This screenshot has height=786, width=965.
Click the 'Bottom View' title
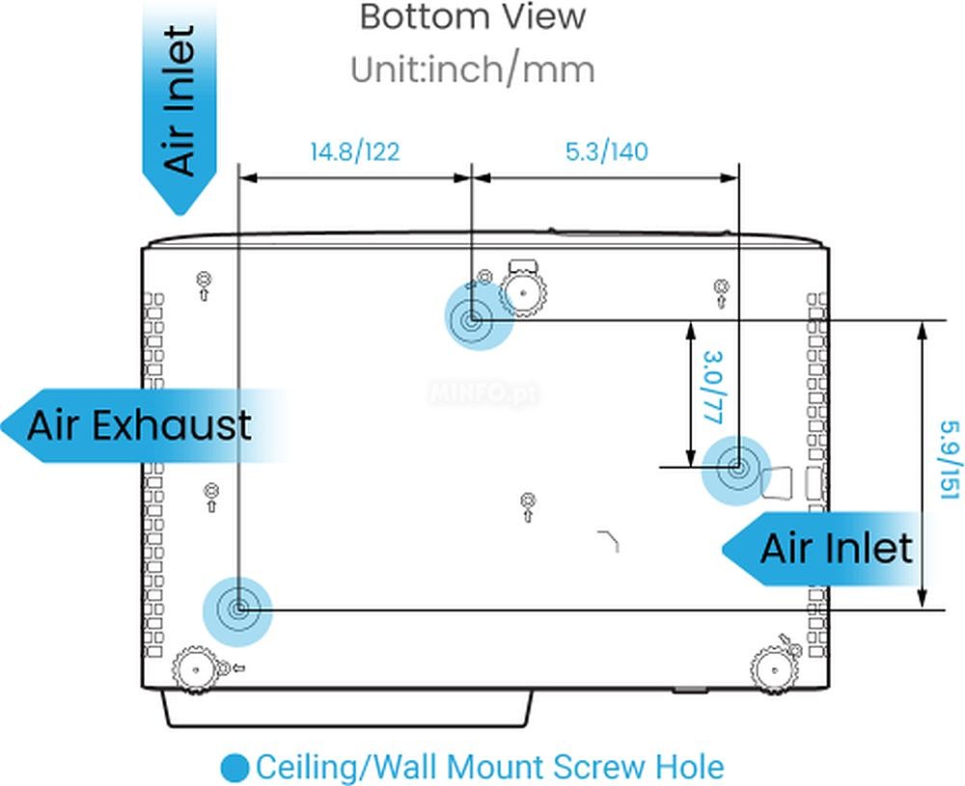472,17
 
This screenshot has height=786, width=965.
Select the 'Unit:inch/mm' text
472,69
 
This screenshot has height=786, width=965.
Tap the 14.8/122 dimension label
354,151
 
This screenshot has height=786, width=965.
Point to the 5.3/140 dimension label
606,151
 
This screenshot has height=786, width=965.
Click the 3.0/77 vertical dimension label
712,388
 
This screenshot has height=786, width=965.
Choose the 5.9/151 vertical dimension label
949,460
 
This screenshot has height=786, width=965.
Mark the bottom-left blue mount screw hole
238,610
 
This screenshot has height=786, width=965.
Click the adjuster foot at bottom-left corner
195,669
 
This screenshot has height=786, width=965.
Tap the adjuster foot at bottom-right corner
774,669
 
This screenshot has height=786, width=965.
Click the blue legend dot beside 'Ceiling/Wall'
234,768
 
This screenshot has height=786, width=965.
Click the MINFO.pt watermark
483,393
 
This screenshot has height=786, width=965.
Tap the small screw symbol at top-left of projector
204,285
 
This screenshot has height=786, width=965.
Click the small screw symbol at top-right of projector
721,293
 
